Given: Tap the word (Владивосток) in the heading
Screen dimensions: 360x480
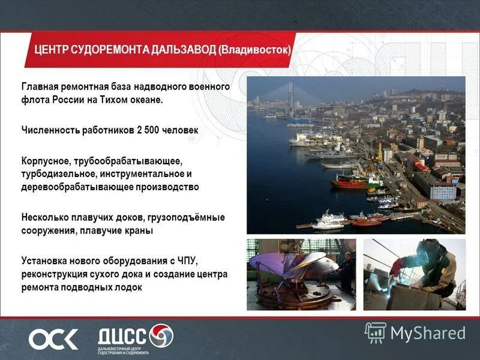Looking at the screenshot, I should pyautogui.click(x=255, y=49).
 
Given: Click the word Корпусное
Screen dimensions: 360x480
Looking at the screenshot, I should pyautogui.click(x=46, y=161).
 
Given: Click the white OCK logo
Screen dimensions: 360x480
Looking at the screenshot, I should pyautogui.click(x=53, y=339).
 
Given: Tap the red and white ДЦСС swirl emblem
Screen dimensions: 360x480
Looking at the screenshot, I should pyautogui.click(x=160, y=335).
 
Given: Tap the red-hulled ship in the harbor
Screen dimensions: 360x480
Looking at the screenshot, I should pyautogui.click(x=351, y=181).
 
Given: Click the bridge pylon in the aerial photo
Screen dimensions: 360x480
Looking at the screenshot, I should pyautogui.click(x=290, y=96).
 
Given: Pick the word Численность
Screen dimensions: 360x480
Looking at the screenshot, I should pyautogui.click(x=50, y=130).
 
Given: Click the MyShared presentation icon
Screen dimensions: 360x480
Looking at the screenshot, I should pyautogui.click(x=375, y=332).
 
